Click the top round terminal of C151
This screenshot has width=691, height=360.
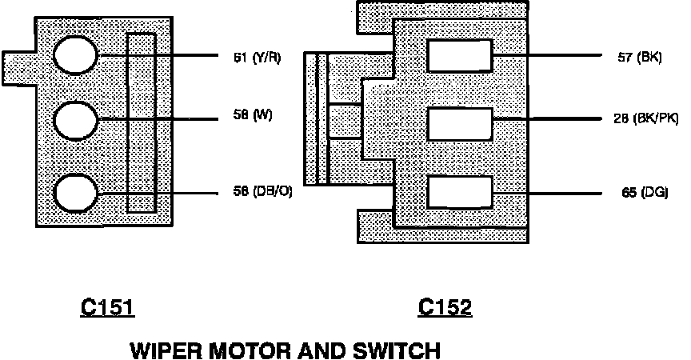click(x=76, y=56)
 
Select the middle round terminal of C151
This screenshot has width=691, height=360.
click(x=76, y=120)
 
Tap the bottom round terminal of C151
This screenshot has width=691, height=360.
click(x=76, y=194)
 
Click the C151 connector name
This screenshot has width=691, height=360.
click(x=107, y=308)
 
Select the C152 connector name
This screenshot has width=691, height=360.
click(x=445, y=308)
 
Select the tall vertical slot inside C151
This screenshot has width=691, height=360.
click(x=142, y=123)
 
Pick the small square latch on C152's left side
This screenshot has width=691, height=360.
click(x=345, y=121)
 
